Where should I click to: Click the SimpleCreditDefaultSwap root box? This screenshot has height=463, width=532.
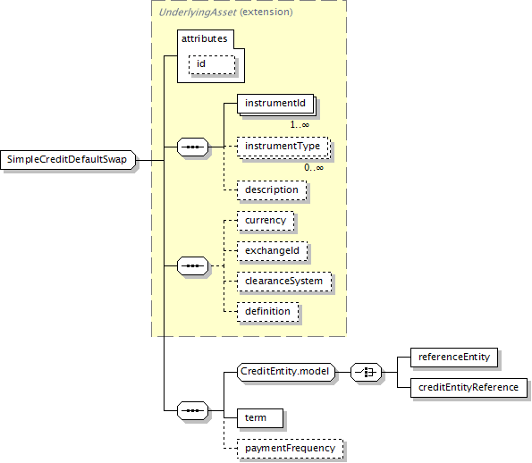pyautogui.click(x=68, y=160)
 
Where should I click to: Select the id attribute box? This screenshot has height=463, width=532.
pyautogui.click(x=212, y=64)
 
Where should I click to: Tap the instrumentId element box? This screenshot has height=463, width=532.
pyautogui.click(x=275, y=104)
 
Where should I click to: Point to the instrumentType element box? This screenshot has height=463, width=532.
pyautogui.click(x=283, y=147)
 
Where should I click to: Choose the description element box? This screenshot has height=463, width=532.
pyautogui.click(x=272, y=190)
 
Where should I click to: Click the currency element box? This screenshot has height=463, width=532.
pyautogui.click(x=266, y=221)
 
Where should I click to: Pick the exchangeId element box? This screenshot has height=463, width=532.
pyautogui.click(x=273, y=251)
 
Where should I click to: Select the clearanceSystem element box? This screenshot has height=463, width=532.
pyautogui.click(x=284, y=282)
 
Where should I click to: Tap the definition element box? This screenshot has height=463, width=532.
pyautogui.click(x=268, y=312)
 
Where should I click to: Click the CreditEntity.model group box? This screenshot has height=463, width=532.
pyautogui.click(x=286, y=372)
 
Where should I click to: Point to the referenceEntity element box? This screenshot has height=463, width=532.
pyautogui.click(x=454, y=358)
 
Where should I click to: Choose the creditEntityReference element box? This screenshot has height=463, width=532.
pyautogui.click(x=469, y=388)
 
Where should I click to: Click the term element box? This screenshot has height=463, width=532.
pyautogui.click(x=260, y=418)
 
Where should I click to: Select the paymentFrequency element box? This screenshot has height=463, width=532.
pyautogui.click(x=290, y=449)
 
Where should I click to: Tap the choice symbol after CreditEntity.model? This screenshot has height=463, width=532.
pyautogui.click(x=366, y=372)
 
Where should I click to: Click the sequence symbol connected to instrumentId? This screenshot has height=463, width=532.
pyautogui.click(x=193, y=147)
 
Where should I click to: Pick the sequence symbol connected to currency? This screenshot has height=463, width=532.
pyautogui.click(x=193, y=266)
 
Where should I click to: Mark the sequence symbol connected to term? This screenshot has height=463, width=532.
pyautogui.click(x=193, y=411)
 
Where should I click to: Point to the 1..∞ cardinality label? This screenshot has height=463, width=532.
pyautogui.click(x=300, y=125)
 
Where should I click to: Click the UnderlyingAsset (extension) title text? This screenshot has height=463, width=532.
pyautogui.click(x=225, y=13)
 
